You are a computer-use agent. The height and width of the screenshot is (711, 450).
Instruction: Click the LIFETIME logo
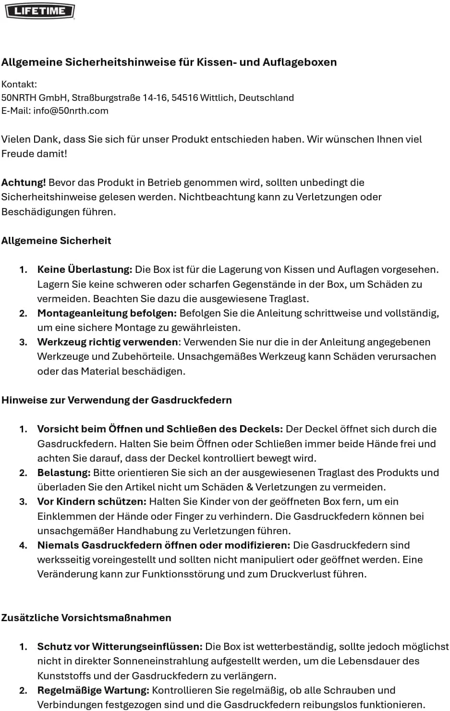40,11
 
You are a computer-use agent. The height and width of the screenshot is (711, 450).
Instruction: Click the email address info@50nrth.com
71,110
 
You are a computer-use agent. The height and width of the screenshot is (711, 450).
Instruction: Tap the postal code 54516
184,98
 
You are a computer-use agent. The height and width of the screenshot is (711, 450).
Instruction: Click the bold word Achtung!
24,183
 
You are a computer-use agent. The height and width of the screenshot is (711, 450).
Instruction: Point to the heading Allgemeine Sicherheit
56,241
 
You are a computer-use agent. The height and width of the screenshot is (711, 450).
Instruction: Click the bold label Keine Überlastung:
85,270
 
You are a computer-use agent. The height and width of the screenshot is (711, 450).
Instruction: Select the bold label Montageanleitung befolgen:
107,313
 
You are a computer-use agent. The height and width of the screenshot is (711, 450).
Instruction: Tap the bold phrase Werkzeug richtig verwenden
108,342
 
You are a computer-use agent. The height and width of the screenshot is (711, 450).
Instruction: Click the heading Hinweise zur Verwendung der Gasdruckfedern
117,400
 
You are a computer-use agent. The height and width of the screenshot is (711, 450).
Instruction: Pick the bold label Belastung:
64,473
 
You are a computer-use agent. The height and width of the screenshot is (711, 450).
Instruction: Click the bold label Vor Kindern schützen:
92,502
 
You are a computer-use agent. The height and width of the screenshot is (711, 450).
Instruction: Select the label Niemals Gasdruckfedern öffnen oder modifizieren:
164,545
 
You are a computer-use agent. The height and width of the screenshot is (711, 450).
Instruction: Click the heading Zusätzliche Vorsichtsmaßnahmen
86,618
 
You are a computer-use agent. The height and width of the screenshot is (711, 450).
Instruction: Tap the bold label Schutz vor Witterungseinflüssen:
120,647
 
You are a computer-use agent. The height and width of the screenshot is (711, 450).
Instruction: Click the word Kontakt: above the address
19,85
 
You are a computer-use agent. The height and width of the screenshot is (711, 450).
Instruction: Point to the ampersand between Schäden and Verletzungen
250,487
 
